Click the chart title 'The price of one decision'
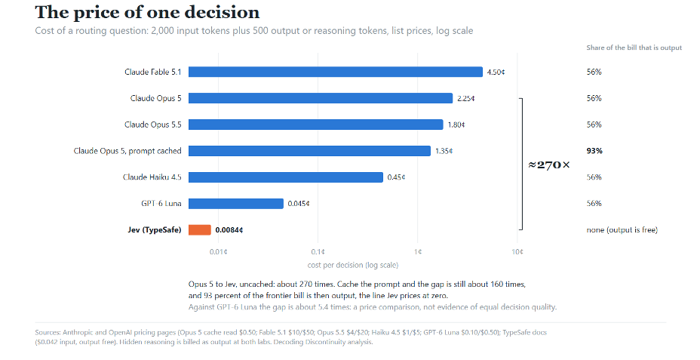pos(147,13)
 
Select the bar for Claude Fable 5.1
pos(335,72)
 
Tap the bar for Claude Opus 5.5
pos(315,125)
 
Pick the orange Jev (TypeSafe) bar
pos(200,230)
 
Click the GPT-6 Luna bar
pos(235,204)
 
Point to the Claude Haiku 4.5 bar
pos(286,177)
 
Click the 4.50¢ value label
pos(496,72)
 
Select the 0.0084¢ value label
pos(229,230)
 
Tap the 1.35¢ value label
pos(444,151)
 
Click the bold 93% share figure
pos(594,151)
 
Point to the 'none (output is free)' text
pos(622,230)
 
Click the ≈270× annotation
pos(549,165)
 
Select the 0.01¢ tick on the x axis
pos(218,252)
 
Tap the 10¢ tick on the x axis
pos(517,252)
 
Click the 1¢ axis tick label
pos(417,252)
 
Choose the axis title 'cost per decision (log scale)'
pos(353,265)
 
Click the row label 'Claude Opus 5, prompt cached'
pos(127,151)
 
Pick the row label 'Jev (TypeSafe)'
pos(155,230)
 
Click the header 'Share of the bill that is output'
pos(634,48)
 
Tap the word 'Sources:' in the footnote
pos(48,332)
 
